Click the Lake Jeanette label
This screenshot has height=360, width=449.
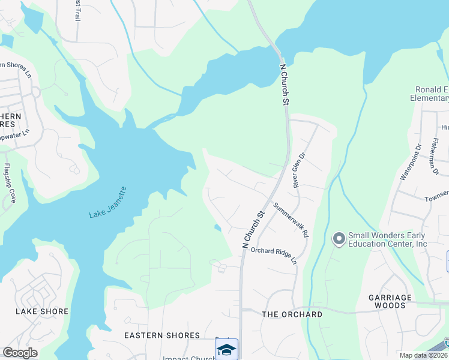[x=108, y=203]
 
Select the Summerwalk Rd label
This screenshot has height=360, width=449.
[x=291, y=220]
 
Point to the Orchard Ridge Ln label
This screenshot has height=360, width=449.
[x=274, y=255]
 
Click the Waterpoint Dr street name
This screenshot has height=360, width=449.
[x=410, y=161]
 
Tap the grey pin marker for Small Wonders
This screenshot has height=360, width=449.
[x=339, y=239]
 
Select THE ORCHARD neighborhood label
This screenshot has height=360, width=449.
[x=292, y=314]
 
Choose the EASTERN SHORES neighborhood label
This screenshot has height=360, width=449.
[x=162, y=335]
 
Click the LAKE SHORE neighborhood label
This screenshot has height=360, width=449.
[x=42, y=311]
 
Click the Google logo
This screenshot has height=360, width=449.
[x=20, y=353]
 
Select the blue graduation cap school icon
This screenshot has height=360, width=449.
[x=227, y=349]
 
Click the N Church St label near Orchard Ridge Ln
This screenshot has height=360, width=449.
[x=253, y=229]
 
